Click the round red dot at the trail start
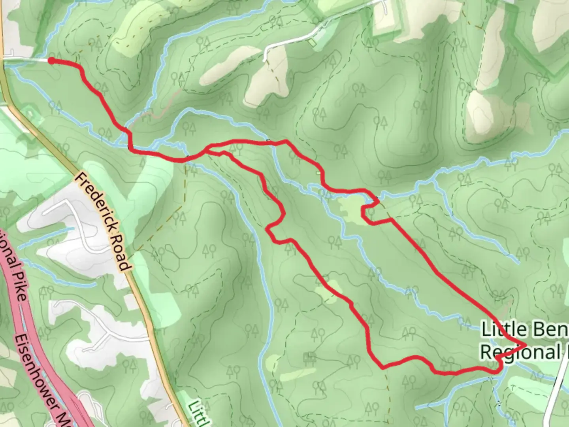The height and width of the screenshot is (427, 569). [51, 60]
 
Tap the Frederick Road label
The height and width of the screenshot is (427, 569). [102, 221]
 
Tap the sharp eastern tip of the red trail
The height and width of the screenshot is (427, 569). [526, 345]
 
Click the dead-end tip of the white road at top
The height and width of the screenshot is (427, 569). [264, 60]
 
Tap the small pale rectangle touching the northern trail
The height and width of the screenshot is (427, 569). [318, 173]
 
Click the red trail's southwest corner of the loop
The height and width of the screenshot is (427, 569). [382, 368]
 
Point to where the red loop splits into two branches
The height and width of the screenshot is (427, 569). [206, 149]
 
